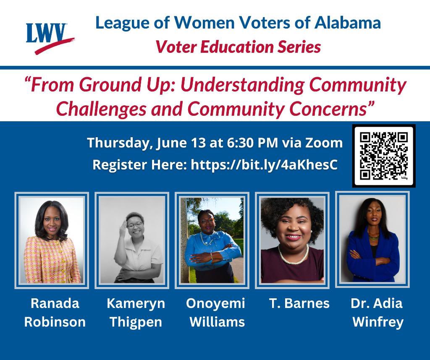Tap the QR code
point(384,156)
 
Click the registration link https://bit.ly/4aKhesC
point(264,165)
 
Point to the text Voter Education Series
point(238,47)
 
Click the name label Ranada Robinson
point(55,313)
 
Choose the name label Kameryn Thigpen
point(136,313)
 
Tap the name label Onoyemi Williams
point(216,313)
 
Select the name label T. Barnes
point(299,303)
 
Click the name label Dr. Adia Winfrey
point(377,313)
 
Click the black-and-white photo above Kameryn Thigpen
point(132,240)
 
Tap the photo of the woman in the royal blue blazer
point(372,240)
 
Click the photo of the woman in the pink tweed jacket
point(52,240)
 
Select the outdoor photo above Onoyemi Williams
point(212,240)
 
